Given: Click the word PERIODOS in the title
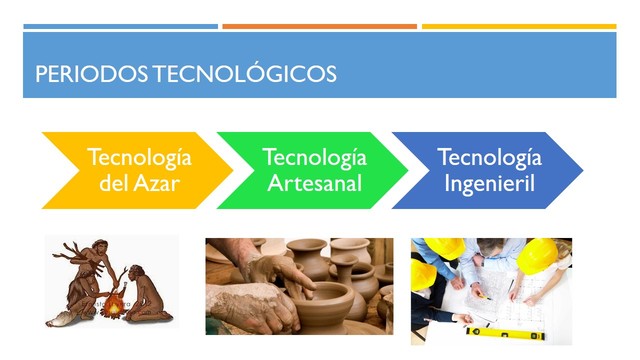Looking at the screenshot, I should [78, 74].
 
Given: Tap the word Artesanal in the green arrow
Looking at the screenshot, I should [314, 183].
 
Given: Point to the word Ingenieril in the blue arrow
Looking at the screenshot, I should [489, 183].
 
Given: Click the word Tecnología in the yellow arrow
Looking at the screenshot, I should [139, 158].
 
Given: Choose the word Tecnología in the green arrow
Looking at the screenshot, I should [314, 158].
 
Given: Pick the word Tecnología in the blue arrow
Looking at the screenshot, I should [489, 158].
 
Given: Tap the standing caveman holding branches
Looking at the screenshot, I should [84, 280].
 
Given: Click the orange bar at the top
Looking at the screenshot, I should [319, 26].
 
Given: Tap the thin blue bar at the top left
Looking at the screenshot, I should [119, 26].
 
